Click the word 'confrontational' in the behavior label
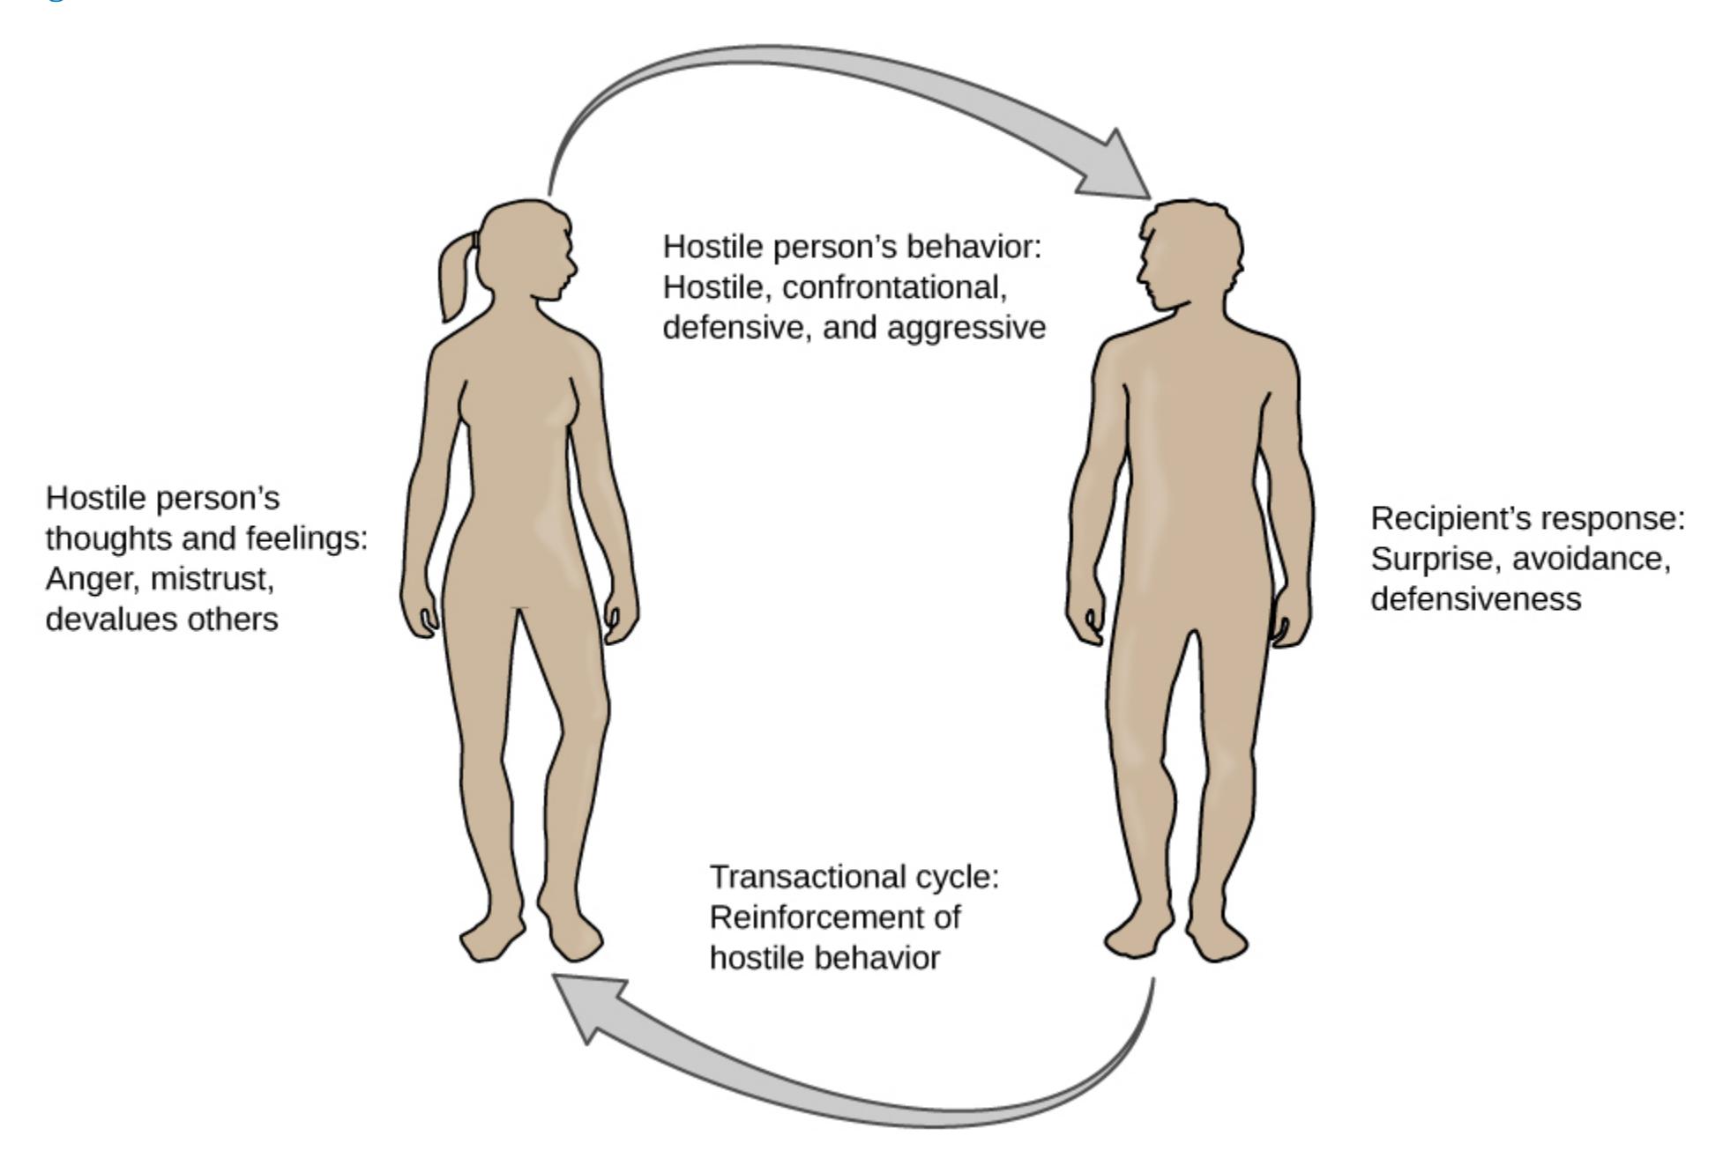click(894, 287)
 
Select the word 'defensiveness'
click(1475, 599)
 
